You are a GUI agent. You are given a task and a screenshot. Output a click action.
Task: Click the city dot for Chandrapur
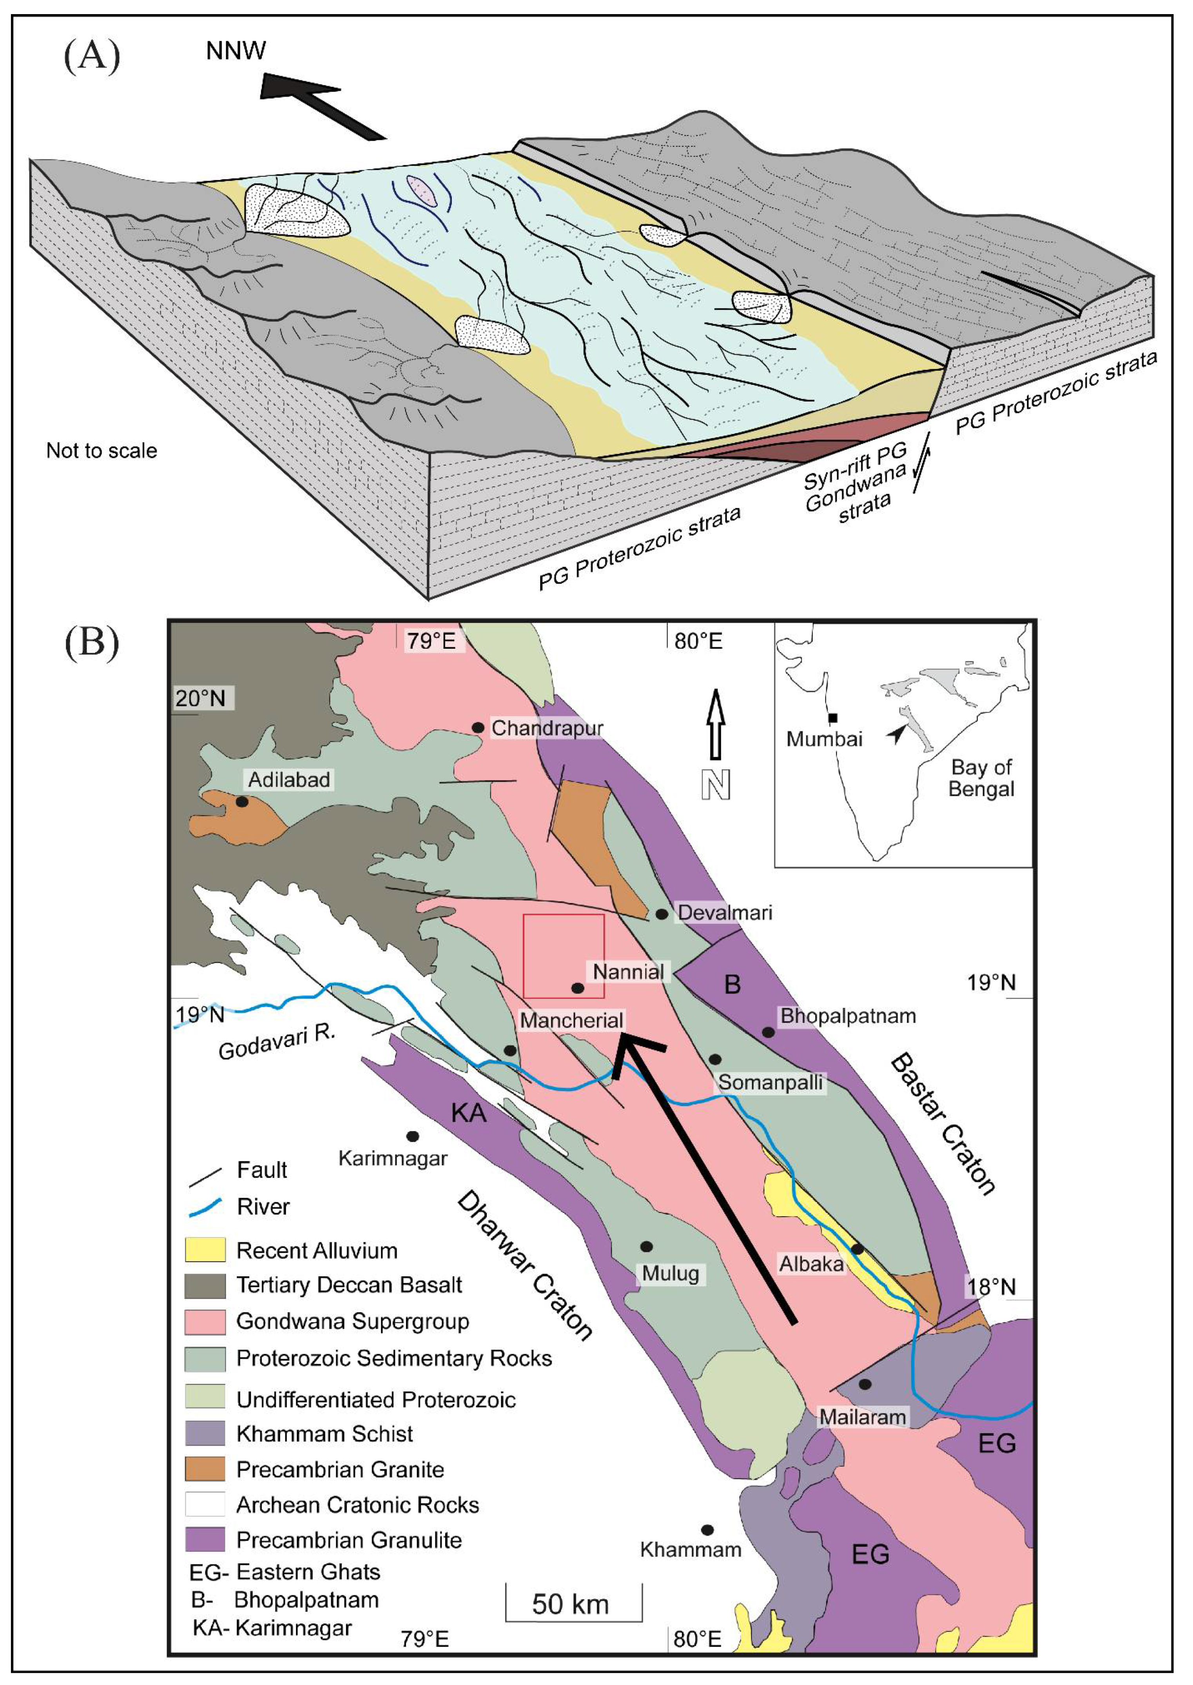(477, 727)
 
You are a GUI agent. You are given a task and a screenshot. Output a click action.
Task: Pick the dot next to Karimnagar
(413, 1136)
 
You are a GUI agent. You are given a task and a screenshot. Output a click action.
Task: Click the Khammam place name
(691, 1550)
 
